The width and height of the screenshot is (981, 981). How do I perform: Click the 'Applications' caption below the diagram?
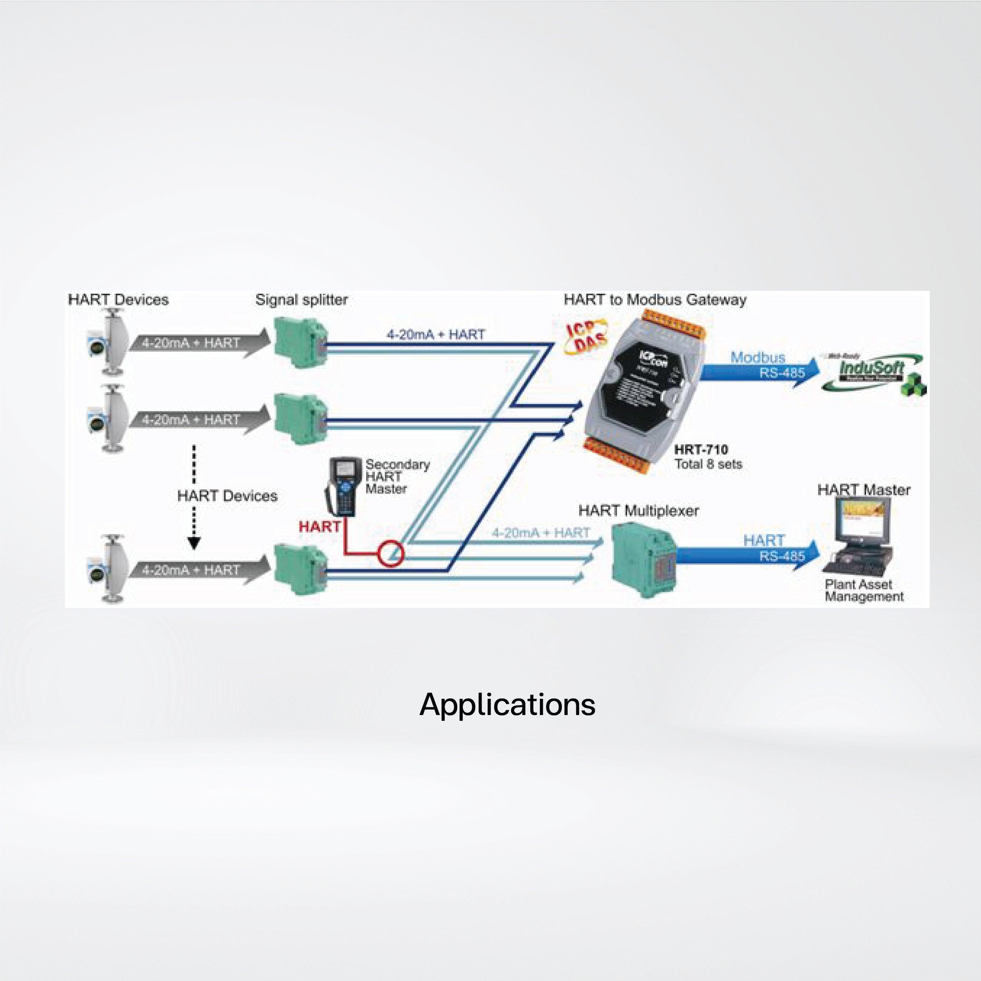pos(507,705)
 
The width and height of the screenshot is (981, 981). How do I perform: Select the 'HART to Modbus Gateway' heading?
pos(655,299)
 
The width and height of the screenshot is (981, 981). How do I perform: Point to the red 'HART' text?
pos(319,527)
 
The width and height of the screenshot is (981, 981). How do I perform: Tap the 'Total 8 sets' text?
pos(708,464)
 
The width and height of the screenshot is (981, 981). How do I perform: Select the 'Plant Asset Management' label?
pos(864,591)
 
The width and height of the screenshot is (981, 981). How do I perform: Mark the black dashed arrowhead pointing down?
pos(194,543)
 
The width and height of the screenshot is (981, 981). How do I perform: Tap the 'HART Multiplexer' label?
pos(638,510)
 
